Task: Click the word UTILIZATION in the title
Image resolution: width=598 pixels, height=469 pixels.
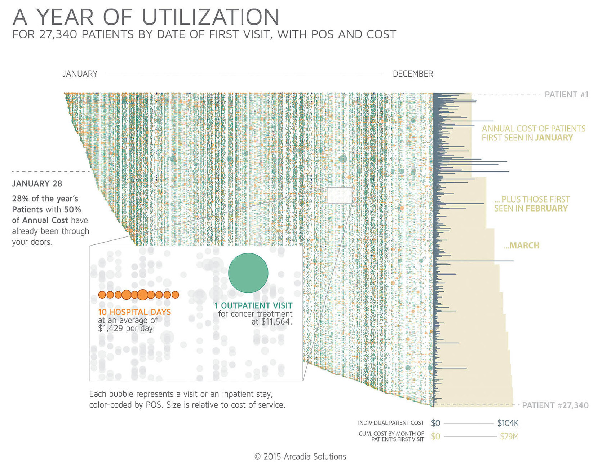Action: (x=211, y=17)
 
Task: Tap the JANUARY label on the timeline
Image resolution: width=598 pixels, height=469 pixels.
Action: (x=80, y=74)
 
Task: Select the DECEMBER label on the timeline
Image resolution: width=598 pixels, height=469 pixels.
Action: (x=413, y=74)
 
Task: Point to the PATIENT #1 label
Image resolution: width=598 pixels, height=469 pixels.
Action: (x=566, y=95)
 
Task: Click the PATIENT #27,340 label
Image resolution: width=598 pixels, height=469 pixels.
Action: (x=555, y=405)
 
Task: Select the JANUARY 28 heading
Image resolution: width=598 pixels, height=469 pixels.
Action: (x=37, y=184)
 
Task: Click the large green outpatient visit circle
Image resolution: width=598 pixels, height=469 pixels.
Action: (x=248, y=273)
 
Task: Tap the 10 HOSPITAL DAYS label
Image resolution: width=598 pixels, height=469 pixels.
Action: (x=134, y=312)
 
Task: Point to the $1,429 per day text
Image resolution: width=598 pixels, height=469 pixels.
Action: (x=126, y=329)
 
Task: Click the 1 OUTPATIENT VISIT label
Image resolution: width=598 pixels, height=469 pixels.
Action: (x=253, y=305)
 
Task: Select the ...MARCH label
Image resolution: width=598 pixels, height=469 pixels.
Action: (x=522, y=246)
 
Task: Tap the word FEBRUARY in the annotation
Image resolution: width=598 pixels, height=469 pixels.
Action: (x=546, y=209)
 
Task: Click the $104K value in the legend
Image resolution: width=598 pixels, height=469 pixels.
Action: (x=508, y=423)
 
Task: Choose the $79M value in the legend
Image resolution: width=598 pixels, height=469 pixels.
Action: (x=509, y=437)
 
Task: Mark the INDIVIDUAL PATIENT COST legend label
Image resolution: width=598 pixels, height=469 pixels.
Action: (x=391, y=423)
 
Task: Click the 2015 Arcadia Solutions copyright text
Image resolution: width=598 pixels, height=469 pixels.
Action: (x=300, y=457)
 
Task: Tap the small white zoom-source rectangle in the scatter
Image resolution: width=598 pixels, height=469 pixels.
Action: (x=340, y=195)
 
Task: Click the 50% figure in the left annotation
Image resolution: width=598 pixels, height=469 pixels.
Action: (x=72, y=210)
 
